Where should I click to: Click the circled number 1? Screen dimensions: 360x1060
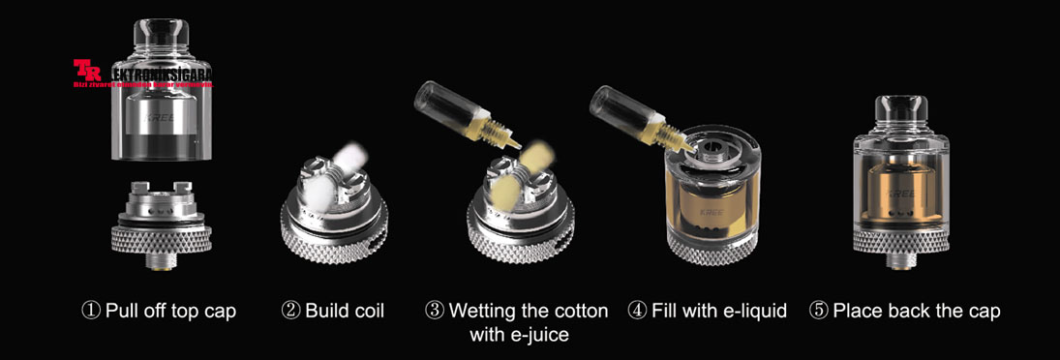click(x=90, y=312)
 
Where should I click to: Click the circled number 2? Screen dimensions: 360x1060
click(x=290, y=312)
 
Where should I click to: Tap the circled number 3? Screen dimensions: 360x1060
click(x=435, y=312)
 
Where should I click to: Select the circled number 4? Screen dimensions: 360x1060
click(x=636, y=312)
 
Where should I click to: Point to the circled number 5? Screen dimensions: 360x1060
click(x=819, y=312)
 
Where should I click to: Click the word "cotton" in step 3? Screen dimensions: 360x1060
click(x=579, y=312)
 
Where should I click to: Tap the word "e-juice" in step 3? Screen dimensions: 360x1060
click(x=534, y=336)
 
